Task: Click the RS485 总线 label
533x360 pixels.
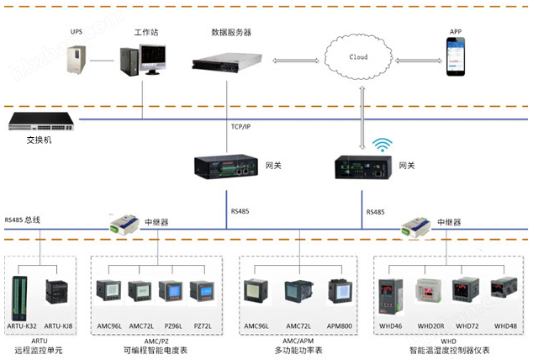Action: [x=23, y=220]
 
